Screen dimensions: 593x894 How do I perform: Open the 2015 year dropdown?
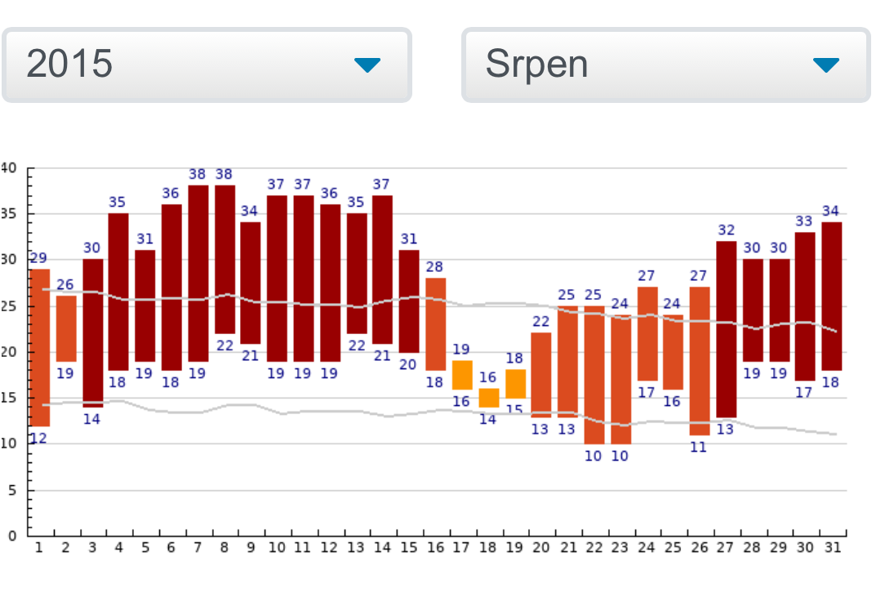(x=206, y=65)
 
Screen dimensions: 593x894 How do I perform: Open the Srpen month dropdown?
(x=665, y=65)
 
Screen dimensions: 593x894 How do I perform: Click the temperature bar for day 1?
(x=39, y=347)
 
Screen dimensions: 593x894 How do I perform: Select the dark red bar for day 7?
(x=198, y=273)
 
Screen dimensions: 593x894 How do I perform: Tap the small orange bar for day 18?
(x=488, y=397)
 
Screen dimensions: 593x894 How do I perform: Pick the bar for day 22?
(x=594, y=375)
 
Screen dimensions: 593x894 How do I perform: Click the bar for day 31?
(x=832, y=296)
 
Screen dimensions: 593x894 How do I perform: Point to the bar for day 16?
(x=435, y=323)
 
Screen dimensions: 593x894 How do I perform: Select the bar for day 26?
(x=700, y=360)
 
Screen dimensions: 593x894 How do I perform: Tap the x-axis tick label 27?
(x=726, y=547)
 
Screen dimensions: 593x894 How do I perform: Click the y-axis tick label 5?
(x=11, y=490)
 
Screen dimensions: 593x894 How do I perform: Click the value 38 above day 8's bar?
(x=225, y=174)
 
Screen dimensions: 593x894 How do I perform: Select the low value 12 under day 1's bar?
(x=38, y=438)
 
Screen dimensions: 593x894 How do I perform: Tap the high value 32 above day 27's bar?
(x=726, y=230)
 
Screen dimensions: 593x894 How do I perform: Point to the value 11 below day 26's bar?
(x=699, y=447)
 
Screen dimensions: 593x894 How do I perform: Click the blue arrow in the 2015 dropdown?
(x=367, y=65)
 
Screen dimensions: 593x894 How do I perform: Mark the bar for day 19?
(x=515, y=383)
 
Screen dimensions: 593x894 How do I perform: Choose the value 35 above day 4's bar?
(x=118, y=202)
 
